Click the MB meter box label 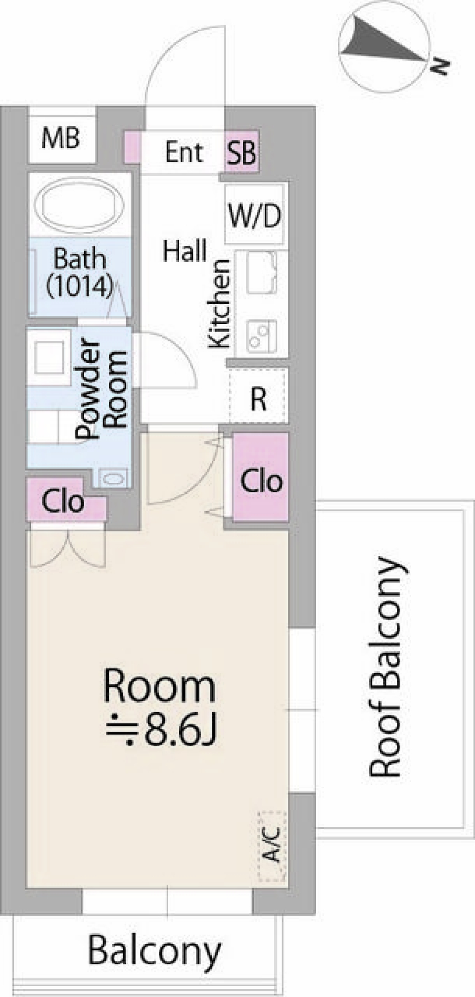pos(61,138)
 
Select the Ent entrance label pos(184,151)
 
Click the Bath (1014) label pos(80,273)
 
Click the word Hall pos(185,251)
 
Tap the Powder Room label pos(102,388)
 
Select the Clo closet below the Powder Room pos(63,501)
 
